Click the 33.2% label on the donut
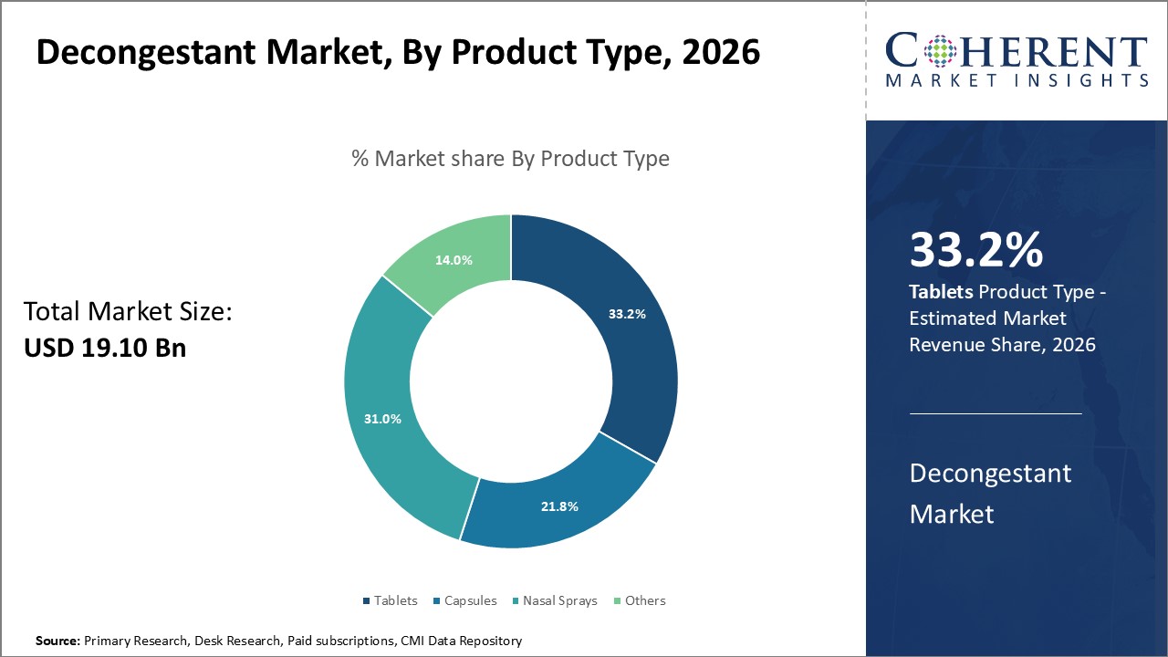pos(627,314)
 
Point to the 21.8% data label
pos(559,506)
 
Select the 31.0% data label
pos(381,419)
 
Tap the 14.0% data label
pos(454,260)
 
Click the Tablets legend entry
pos(390,600)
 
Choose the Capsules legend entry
pos(464,600)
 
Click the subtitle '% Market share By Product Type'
pos(510,159)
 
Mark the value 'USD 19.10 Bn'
pos(104,348)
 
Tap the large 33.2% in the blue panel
pos(975,251)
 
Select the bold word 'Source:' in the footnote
pos(57,641)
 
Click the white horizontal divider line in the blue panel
pos(996,413)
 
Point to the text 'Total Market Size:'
pos(128,312)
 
